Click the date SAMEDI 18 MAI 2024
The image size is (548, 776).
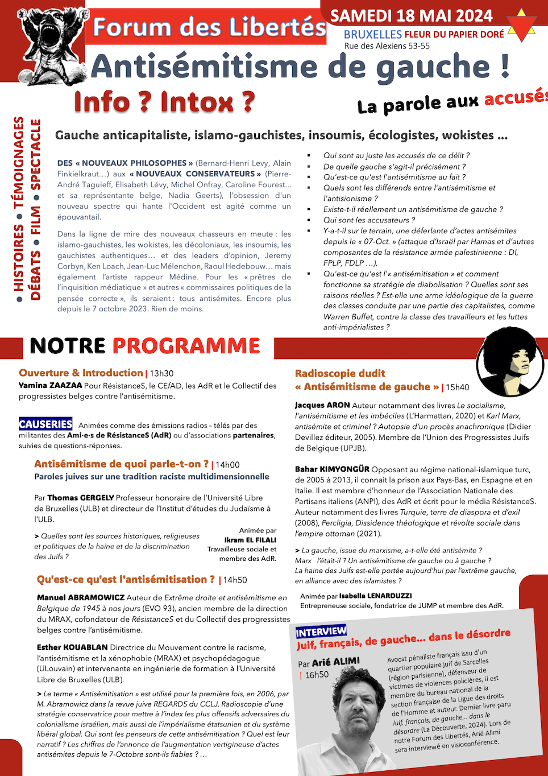pos(411,16)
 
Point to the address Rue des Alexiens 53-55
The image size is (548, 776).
pos(387,46)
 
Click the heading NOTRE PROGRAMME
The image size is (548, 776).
pos(144,346)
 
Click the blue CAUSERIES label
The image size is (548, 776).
pos(45,424)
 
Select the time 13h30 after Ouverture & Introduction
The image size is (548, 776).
pos(161,374)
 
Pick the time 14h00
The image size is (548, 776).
pos(227,465)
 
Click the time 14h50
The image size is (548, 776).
pos(235,580)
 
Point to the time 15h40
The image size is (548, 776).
pos(457,387)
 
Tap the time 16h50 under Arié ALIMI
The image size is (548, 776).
pos(317,675)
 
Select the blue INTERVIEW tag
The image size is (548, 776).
pos(321,631)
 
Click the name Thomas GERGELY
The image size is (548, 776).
pos(80,497)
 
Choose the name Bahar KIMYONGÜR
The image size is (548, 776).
pos(332,469)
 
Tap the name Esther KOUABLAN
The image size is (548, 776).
pos(72,647)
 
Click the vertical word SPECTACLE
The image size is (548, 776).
pos(35,154)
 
